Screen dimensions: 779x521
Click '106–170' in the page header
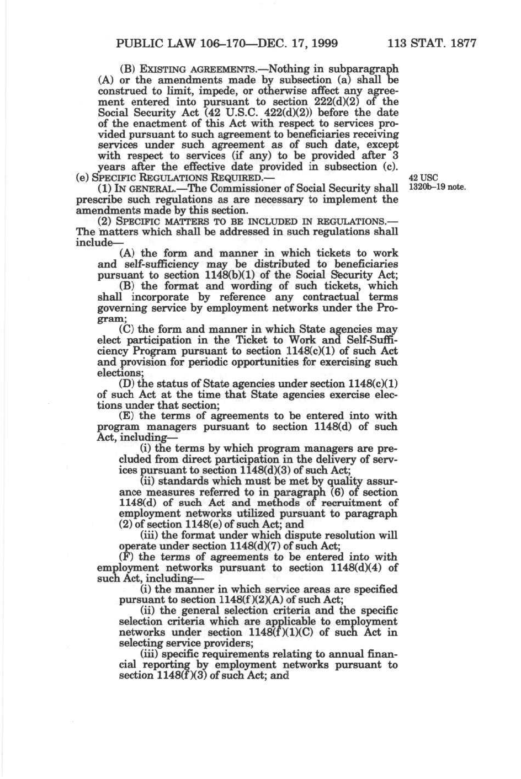(210, 43)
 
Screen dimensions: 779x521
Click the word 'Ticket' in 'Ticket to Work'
(252, 340)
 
